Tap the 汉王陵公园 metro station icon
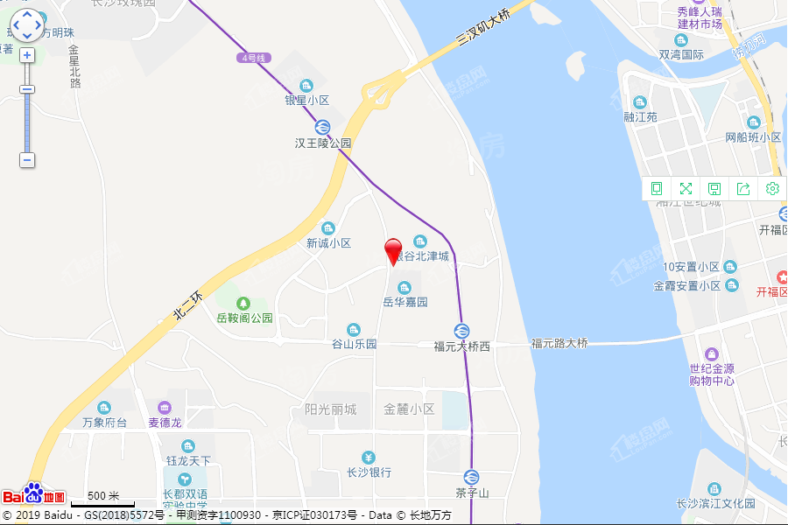point(323,126)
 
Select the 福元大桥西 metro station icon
point(461,331)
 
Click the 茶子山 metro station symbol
point(471,477)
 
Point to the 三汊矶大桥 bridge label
point(483,28)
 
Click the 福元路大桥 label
point(559,343)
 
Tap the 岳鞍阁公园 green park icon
point(244,303)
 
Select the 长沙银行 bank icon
point(369,458)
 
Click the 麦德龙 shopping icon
point(164,408)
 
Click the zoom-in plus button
point(27,55)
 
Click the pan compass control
point(27,24)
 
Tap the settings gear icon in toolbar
point(772,188)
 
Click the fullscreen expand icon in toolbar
point(686,188)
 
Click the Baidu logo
point(33,495)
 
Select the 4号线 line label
point(254,58)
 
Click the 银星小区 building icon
point(306,86)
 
